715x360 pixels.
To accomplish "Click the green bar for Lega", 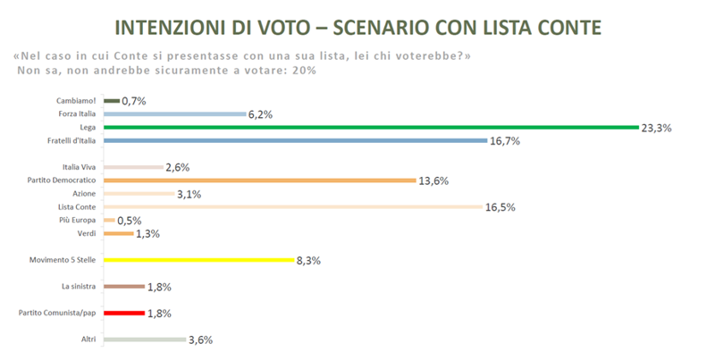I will click(370, 128).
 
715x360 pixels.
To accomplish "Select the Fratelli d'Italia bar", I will click(295, 141).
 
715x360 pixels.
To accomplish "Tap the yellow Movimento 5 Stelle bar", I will click(199, 260).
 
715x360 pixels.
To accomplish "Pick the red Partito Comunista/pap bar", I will click(124, 313).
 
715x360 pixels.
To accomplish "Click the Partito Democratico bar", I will click(260, 180).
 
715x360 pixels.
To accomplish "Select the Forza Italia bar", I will click(174, 114).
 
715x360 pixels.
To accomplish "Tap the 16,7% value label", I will click(506, 141).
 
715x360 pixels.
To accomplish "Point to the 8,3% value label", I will click(309, 260).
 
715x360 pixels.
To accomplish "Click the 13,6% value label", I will click(433, 180).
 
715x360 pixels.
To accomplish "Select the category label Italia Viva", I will click(80, 167).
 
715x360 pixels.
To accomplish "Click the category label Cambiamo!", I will click(78, 101).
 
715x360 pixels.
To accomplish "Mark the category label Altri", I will click(88, 339).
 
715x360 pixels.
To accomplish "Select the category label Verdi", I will click(87, 233).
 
